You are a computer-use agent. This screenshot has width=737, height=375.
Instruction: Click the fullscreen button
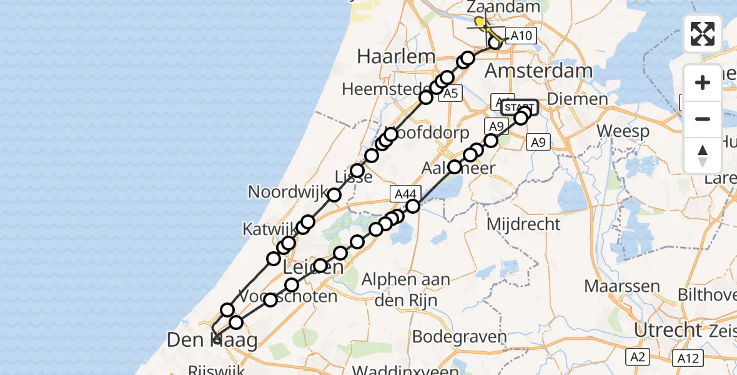pos(703,34)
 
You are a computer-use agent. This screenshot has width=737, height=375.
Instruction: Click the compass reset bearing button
pos(703,155)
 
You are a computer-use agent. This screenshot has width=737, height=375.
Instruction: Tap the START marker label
pos(519,106)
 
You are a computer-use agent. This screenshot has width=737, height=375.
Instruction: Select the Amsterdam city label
pos(538,71)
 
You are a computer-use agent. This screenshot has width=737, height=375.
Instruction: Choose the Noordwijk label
pos(288,191)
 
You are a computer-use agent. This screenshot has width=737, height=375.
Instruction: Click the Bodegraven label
pos(460,337)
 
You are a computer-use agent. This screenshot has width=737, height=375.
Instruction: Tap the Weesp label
pos(623,132)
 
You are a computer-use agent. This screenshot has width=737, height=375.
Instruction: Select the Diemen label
pos(576,99)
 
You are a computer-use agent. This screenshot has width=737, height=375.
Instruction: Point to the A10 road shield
pos(521,36)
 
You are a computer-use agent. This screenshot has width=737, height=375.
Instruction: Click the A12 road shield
pos(688,358)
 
